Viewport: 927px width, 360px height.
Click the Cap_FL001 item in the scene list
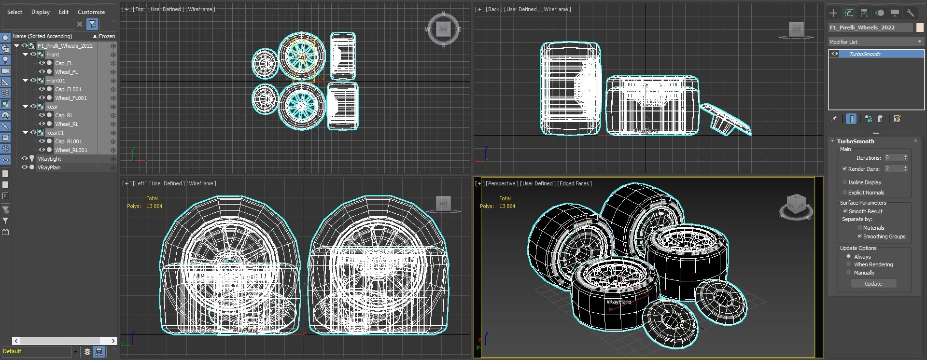[x=68, y=89]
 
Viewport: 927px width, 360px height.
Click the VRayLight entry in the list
[x=49, y=159]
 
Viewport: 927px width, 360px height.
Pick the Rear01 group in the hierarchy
[x=55, y=133]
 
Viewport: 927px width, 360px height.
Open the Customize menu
[x=91, y=12]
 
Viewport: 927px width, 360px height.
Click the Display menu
[x=41, y=12]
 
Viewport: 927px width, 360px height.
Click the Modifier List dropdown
[x=875, y=42]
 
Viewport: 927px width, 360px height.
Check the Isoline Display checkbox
[x=845, y=182]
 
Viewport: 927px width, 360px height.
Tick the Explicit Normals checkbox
[x=845, y=193]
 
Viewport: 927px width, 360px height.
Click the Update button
[x=873, y=284]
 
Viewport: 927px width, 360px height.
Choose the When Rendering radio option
[x=849, y=264]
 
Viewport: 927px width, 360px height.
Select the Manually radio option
[x=849, y=273]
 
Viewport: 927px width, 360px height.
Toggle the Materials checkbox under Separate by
[x=860, y=228]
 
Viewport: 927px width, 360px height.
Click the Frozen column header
[x=107, y=36]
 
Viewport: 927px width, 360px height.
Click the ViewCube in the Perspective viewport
[x=796, y=206]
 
